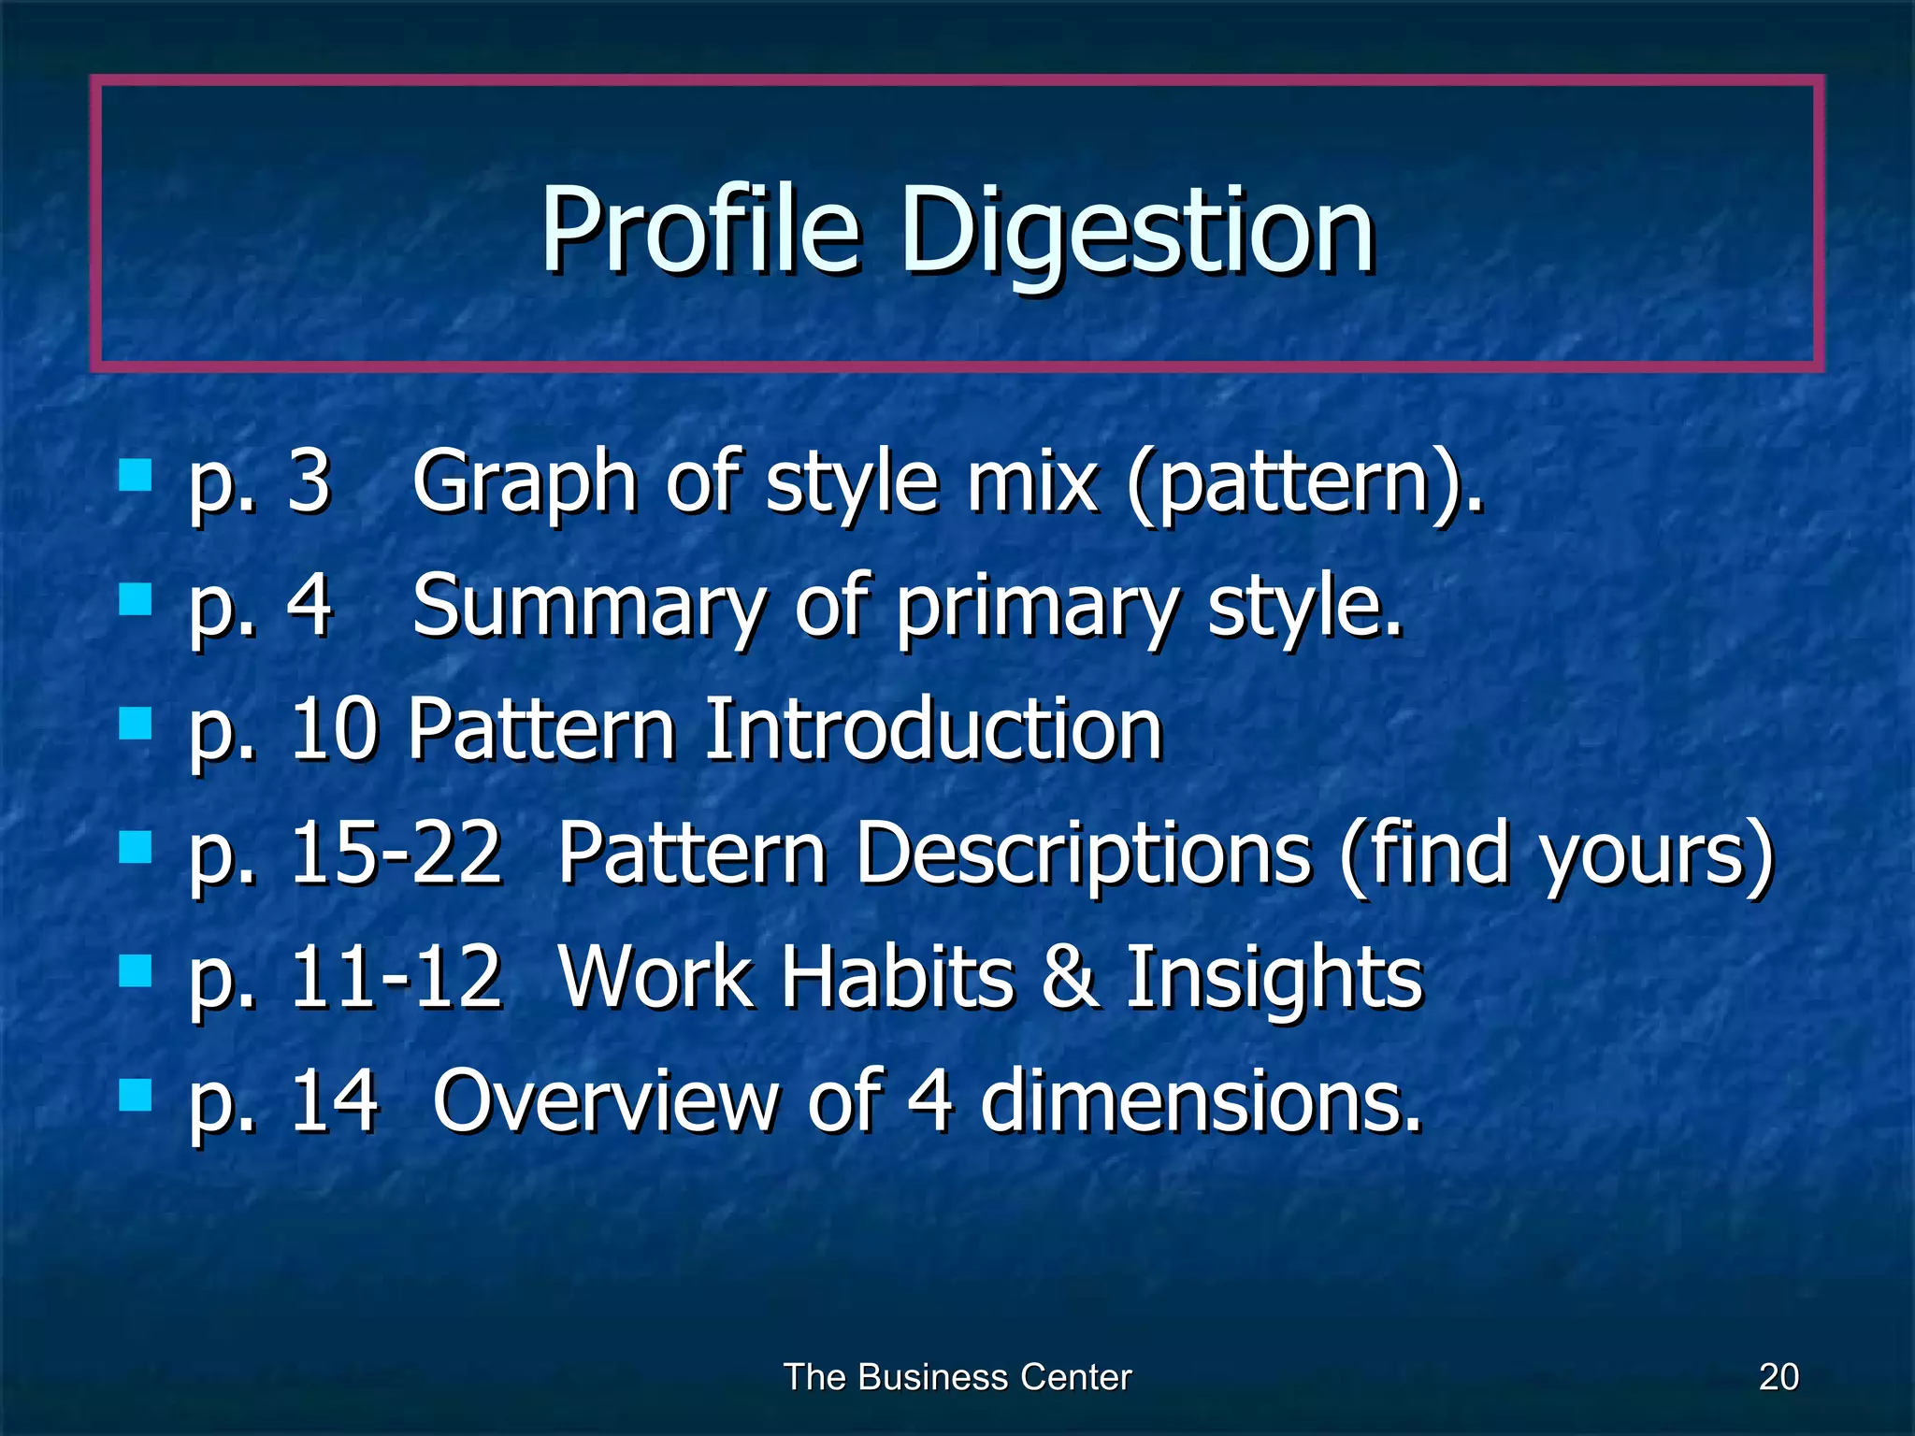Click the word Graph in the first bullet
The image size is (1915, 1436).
click(525, 482)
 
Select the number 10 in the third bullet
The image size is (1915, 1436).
click(334, 729)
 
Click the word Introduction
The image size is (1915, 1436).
click(932, 729)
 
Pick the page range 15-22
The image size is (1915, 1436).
click(396, 853)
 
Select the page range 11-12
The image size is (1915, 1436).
click(396, 977)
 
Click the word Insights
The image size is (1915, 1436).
click(1274, 977)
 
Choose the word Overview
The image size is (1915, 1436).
click(605, 1100)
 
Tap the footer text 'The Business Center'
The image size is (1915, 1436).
click(957, 1377)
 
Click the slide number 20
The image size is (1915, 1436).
click(1778, 1377)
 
